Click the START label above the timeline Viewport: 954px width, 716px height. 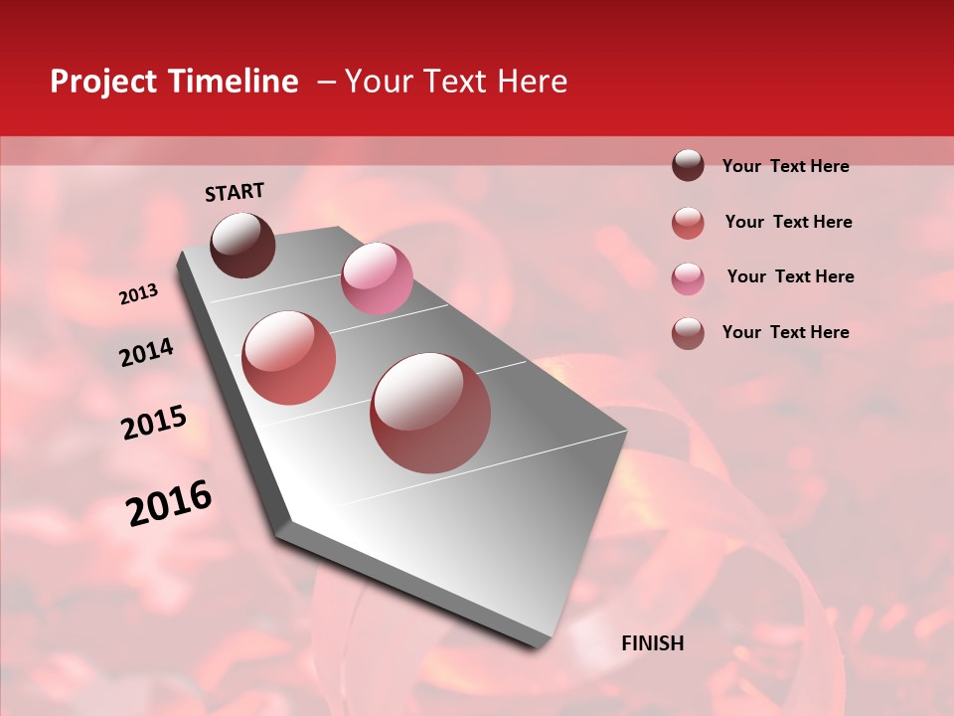click(x=235, y=192)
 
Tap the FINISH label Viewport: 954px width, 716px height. click(x=652, y=643)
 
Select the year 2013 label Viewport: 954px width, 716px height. click(x=139, y=294)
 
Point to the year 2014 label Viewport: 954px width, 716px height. click(x=146, y=353)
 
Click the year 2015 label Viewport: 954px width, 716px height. click(x=154, y=424)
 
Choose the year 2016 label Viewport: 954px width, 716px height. click(x=169, y=503)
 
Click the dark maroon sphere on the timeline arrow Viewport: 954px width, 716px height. click(x=242, y=245)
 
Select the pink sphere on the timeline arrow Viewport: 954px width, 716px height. click(x=377, y=278)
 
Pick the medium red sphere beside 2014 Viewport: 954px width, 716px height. click(x=288, y=358)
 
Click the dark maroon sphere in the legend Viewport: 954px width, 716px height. click(x=688, y=166)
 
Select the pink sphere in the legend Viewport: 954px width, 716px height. click(x=688, y=277)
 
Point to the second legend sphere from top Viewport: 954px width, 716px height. click(x=688, y=222)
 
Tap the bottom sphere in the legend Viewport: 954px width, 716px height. click(x=688, y=333)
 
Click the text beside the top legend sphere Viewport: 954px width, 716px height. click(x=785, y=167)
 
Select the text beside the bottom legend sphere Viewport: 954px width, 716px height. click(x=785, y=332)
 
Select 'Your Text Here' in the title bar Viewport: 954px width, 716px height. click(x=456, y=82)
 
